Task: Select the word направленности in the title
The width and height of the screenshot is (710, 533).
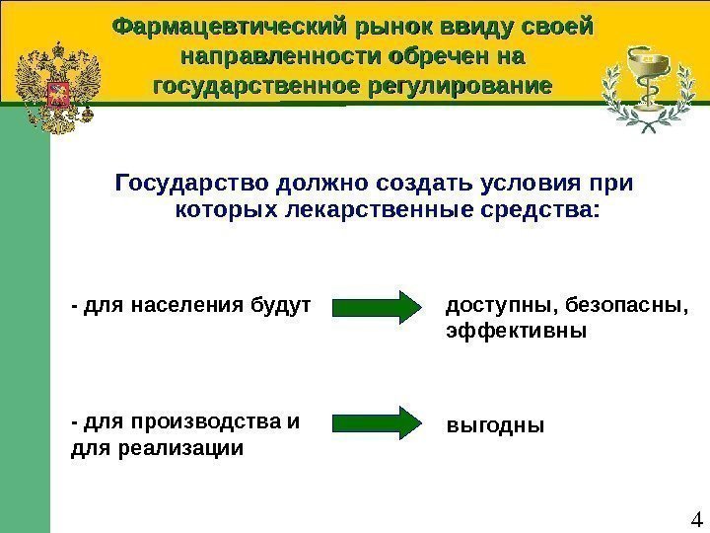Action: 257,55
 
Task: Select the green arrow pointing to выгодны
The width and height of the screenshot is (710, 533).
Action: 376,421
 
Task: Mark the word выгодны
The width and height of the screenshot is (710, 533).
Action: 495,425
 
